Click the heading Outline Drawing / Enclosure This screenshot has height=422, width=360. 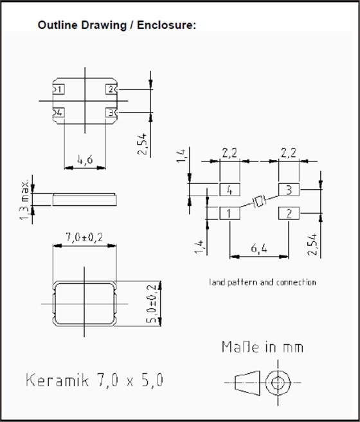click(116, 25)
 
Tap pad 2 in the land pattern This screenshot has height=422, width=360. click(289, 213)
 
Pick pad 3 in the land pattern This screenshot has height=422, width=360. click(289, 190)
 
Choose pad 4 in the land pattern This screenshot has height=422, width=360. click(230, 190)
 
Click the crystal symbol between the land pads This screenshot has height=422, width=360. click(259, 202)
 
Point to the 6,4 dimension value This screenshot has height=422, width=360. click(260, 248)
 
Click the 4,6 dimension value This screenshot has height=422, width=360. click(85, 158)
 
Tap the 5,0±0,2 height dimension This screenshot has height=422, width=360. click(152, 303)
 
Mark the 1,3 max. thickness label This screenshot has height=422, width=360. click(26, 199)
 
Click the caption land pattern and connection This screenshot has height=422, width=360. click(262, 282)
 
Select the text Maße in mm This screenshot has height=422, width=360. click(262, 347)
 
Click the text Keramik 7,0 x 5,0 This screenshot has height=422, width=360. click(94, 380)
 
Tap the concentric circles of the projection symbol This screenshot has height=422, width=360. click(278, 382)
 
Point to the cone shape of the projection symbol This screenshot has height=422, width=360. click(244, 382)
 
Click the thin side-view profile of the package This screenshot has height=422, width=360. click(85, 199)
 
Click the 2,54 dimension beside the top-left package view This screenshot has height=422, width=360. click(142, 143)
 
